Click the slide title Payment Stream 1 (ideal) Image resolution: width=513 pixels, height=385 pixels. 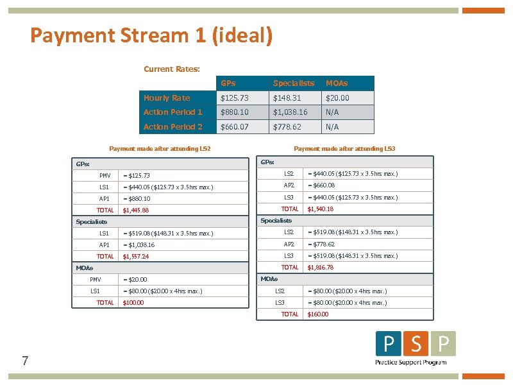(x=151, y=35)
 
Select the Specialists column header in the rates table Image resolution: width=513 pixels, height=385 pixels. (x=293, y=83)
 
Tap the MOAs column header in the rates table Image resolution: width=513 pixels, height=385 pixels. (x=337, y=83)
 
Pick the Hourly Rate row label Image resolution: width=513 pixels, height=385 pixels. (x=167, y=98)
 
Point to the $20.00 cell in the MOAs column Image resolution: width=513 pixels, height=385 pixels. (x=337, y=98)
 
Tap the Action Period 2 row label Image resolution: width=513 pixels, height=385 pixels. (x=173, y=127)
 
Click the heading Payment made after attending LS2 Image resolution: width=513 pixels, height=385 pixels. (x=160, y=149)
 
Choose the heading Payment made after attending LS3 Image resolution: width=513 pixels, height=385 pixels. (x=344, y=149)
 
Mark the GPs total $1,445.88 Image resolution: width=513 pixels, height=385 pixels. (x=135, y=210)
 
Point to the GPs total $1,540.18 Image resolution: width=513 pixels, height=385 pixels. (x=320, y=209)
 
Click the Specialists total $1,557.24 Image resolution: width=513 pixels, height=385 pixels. (x=135, y=257)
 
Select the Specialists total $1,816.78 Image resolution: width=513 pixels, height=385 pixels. (x=320, y=268)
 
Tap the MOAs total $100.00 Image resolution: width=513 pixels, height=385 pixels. (x=133, y=303)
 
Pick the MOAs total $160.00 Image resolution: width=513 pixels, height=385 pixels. (x=317, y=314)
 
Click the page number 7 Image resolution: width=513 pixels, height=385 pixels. (x=24, y=361)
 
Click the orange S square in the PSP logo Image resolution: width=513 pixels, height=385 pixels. (x=416, y=345)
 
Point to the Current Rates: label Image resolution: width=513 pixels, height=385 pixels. (x=172, y=69)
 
